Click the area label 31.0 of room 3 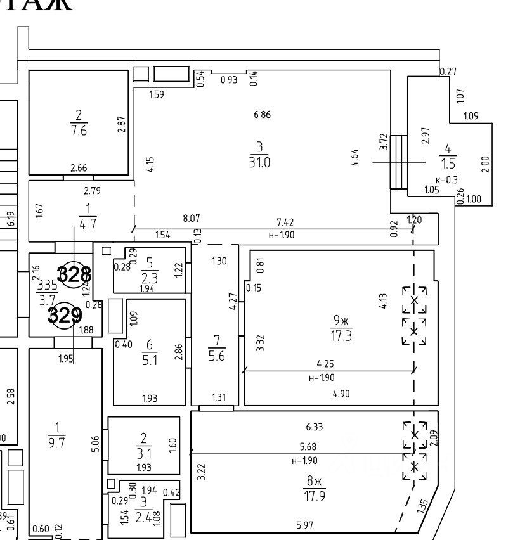[x=260, y=162]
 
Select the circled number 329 [x=65, y=315]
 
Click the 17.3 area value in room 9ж [x=341, y=335]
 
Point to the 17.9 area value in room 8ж [x=315, y=496]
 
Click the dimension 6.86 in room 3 [x=262, y=115]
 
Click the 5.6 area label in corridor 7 [x=217, y=357]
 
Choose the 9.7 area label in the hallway [x=58, y=443]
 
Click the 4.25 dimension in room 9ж [x=326, y=364]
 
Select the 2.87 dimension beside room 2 [x=122, y=123]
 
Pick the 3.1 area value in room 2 [x=144, y=453]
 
